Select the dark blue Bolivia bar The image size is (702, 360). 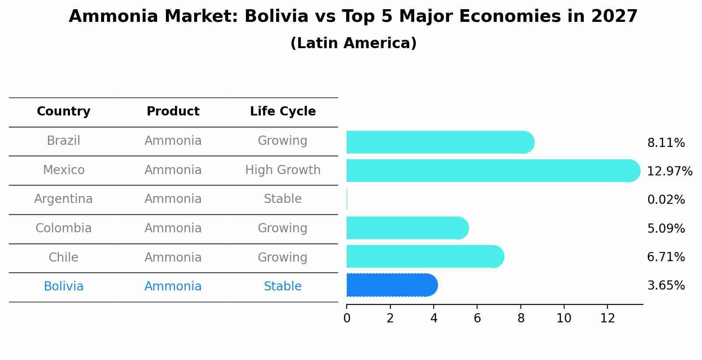click(392, 285)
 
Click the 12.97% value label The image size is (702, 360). click(669, 171)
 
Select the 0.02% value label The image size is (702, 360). click(666, 200)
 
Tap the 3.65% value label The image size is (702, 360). click(666, 286)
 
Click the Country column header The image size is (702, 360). click(63, 112)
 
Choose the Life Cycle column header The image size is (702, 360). click(283, 112)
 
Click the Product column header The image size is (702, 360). click(173, 112)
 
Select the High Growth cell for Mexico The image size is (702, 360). click(283, 170)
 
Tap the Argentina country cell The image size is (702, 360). click(63, 199)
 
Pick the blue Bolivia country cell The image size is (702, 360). click(63, 287)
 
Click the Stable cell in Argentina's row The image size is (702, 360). click(283, 199)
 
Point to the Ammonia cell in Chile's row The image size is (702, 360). click(173, 258)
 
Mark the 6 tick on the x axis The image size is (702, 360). click(477, 318)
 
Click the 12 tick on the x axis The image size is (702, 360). click(607, 318)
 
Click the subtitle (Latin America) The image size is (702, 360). click(353, 43)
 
